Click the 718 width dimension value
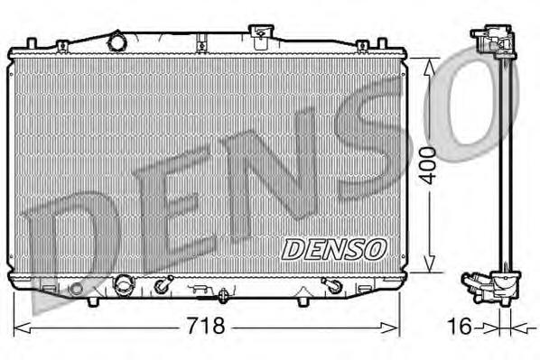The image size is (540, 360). tap(205, 326)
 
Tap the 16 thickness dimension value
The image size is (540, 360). tap(460, 326)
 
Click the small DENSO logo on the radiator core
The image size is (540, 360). tap(334, 245)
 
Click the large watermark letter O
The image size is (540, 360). tap(479, 99)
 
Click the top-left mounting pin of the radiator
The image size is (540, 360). tap(32, 43)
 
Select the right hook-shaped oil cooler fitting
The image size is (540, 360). tap(331, 288)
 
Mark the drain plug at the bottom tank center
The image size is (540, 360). tap(222, 293)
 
